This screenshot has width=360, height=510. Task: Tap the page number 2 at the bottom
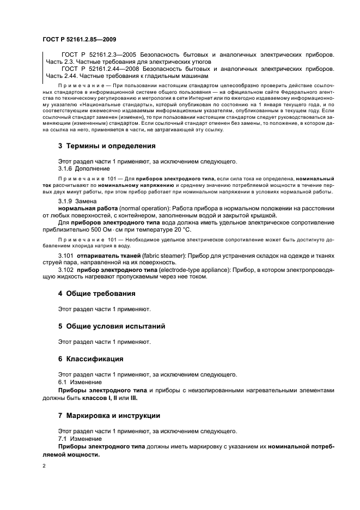point(44,466)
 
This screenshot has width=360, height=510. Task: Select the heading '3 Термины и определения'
point(107,146)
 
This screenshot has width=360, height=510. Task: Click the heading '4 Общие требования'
point(97,293)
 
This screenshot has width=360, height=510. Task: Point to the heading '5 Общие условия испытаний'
point(112,326)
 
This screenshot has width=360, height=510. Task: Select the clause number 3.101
point(66,255)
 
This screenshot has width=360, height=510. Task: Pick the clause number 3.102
point(66,269)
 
